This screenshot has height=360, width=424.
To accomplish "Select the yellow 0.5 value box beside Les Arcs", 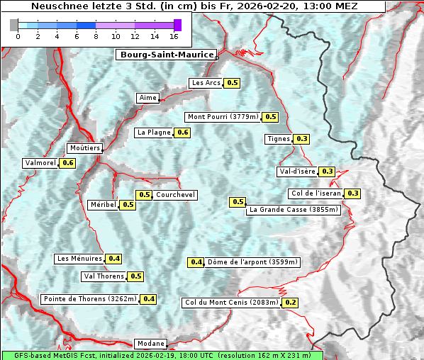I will click(x=233, y=83).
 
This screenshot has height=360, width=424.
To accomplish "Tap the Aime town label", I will click(x=147, y=98).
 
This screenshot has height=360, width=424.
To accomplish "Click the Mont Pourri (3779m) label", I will click(x=223, y=117).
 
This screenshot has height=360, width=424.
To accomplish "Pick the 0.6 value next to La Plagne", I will click(x=183, y=133).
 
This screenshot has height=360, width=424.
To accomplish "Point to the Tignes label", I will click(x=278, y=139).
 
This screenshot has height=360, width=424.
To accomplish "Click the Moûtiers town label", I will click(x=84, y=148).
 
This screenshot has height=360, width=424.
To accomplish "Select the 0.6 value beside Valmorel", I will click(x=68, y=163).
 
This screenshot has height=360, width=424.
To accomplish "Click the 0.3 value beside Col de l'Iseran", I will click(x=352, y=193).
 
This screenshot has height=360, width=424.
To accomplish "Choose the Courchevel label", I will click(x=175, y=195).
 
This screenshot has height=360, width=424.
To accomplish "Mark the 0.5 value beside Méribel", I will click(x=128, y=205).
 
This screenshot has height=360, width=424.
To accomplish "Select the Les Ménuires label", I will click(x=79, y=259).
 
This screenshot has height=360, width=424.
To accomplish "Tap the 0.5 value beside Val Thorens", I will click(x=136, y=276).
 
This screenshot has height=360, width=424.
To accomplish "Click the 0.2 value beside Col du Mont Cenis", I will click(x=290, y=303).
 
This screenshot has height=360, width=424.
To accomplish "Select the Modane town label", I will click(x=151, y=343).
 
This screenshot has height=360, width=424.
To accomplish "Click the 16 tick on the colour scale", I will click(x=174, y=36).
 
